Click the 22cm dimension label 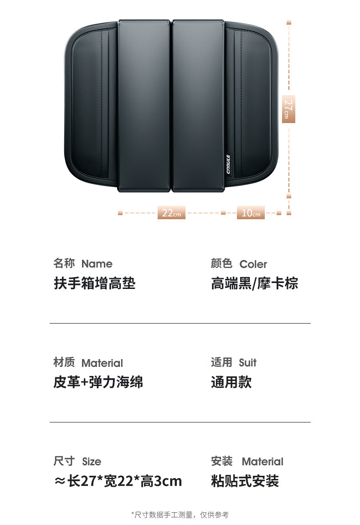[171, 213]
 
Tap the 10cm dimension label [251, 213]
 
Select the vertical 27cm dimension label [288, 109]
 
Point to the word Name [97, 264]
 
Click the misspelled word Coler [253, 264]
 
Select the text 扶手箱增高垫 [94, 283]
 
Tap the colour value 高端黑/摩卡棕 [254, 283]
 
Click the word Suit [247, 363]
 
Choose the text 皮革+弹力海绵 [98, 382]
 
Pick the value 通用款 [231, 382]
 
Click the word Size [92, 462]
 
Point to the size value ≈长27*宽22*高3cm [118, 481]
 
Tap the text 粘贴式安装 [245, 481]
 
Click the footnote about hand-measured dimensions [180, 515]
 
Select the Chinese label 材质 [64, 362]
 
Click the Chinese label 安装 [221, 461]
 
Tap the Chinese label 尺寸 [64, 461]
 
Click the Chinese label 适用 [221, 362]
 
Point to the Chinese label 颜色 [221, 263]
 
